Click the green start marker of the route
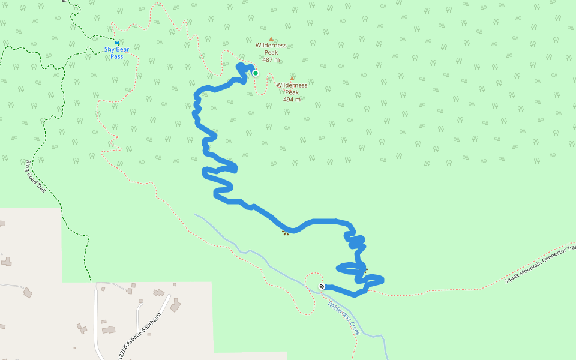pyautogui.click(x=255, y=73)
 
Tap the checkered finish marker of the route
pyautogui.click(x=322, y=286)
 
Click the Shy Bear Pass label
pyautogui.click(x=117, y=53)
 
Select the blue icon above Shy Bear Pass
pyautogui.click(x=116, y=43)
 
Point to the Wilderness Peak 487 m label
pyautogui.click(x=271, y=52)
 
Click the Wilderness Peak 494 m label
pyautogui.click(x=292, y=92)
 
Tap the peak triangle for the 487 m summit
pyautogui.click(x=271, y=39)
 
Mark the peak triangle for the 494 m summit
pyautogui.click(x=292, y=79)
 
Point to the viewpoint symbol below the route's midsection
pyautogui.click(x=285, y=233)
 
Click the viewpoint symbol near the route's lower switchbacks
pyautogui.click(x=365, y=271)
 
